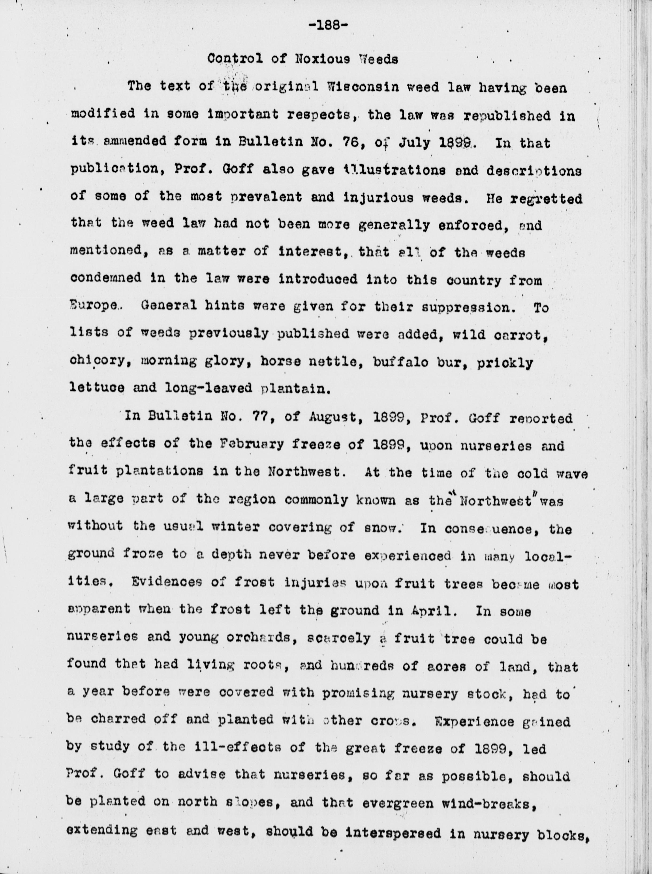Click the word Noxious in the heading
click(x=323, y=59)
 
